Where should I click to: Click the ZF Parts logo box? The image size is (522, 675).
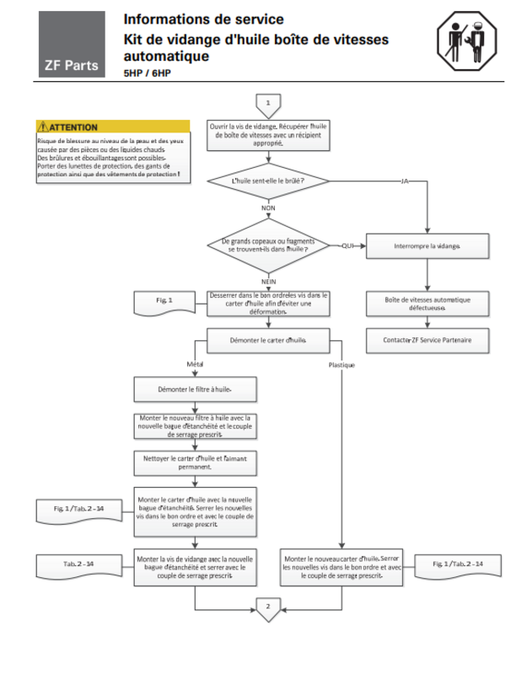(72, 45)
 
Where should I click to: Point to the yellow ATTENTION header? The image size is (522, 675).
(113, 127)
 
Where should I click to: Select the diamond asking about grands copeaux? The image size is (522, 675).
(268, 246)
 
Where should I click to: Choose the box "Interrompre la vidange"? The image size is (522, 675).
(427, 246)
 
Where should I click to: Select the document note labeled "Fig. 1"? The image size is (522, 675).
(164, 301)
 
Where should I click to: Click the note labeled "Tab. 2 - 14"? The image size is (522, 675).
(78, 562)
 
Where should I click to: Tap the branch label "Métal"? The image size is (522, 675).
(196, 364)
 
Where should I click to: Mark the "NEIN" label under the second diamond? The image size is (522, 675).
(268, 280)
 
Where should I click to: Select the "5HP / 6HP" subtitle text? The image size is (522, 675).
(145, 74)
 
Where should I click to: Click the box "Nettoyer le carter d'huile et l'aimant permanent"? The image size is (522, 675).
(195, 462)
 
